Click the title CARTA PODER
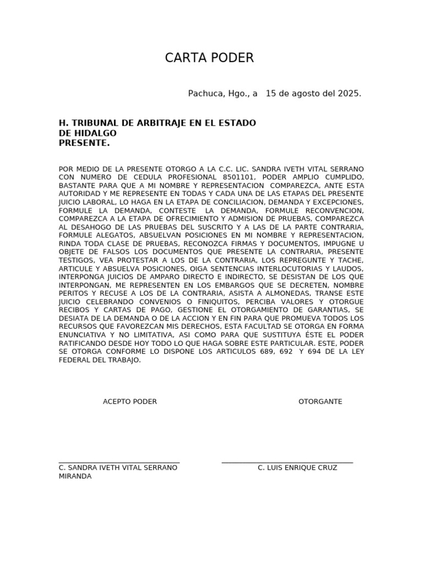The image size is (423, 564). pyautogui.click(x=209, y=58)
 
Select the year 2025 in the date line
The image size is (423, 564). pyautogui.click(x=348, y=94)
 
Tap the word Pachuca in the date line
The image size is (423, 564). pyautogui.click(x=203, y=94)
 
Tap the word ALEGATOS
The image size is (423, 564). pyautogui.click(x=115, y=235)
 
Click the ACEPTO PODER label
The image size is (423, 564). pyautogui.click(x=130, y=402)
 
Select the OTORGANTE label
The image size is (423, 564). pyautogui.click(x=320, y=402)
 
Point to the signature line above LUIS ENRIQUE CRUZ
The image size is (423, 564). pyautogui.click(x=287, y=463)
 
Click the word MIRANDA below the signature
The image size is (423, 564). pyautogui.click(x=75, y=476)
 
